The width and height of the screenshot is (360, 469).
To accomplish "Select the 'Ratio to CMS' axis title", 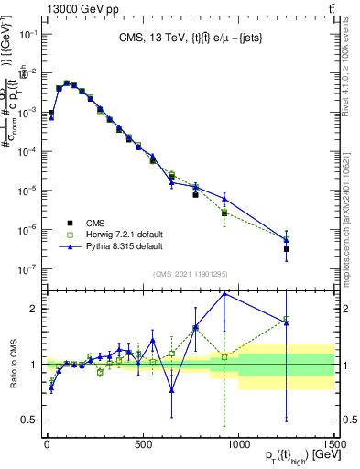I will (15, 365).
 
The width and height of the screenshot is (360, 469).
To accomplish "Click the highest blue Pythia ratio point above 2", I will (224, 293).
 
